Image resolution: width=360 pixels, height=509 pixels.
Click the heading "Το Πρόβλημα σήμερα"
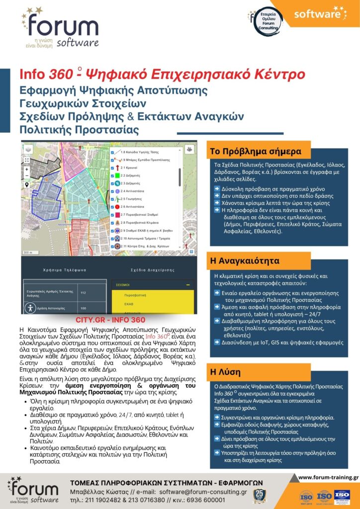(256, 151)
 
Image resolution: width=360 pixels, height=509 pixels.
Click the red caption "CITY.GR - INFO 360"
(110, 320)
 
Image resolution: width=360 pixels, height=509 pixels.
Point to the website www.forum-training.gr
(328, 478)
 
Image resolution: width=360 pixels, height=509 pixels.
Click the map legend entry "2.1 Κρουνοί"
(131, 168)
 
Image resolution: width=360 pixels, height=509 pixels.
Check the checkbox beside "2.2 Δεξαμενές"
(113, 176)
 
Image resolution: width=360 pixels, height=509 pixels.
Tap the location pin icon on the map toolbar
(26, 184)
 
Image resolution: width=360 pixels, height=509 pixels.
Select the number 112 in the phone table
(83, 293)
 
